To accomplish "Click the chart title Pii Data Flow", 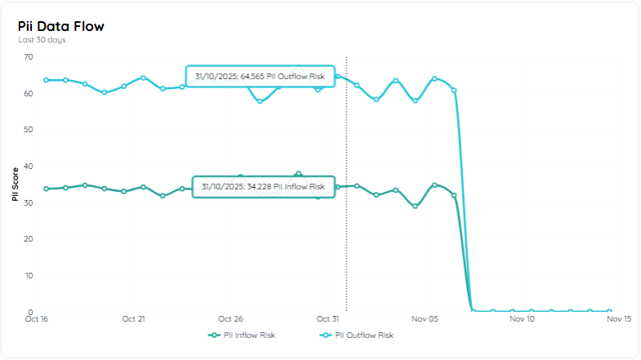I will (x=61, y=26).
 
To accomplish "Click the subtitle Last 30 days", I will (x=42, y=39).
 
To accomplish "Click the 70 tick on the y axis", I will (x=29, y=56).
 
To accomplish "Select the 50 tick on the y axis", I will (x=29, y=130).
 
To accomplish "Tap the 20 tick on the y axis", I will (x=29, y=239).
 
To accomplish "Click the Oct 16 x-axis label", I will (x=37, y=319).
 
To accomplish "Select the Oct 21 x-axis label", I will (x=133, y=319).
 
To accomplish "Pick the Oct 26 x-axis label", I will (x=231, y=319).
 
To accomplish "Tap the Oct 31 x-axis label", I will (x=327, y=319).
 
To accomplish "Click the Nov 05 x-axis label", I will (x=425, y=319).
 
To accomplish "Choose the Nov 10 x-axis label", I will (x=522, y=319).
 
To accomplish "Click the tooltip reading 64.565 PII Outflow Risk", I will (x=260, y=77).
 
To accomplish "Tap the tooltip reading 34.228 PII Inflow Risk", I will (x=263, y=187).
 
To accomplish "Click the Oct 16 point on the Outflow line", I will (x=46, y=80).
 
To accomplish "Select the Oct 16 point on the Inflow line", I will (x=46, y=189).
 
